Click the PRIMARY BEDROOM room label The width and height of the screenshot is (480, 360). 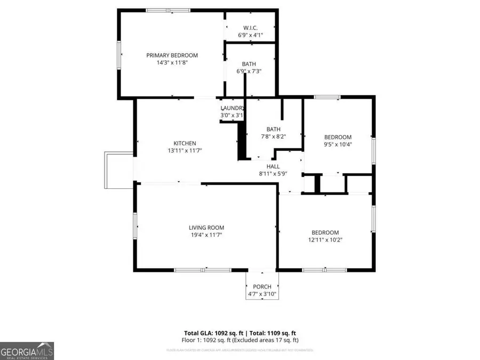(x=172, y=55)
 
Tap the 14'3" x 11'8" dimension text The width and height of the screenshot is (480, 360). (x=172, y=62)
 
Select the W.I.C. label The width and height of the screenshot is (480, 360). (x=251, y=28)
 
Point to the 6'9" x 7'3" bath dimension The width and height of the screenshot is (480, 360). (x=249, y=71)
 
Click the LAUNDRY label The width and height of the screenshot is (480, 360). (x=232, y=108)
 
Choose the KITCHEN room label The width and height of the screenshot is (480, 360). (x=185, y=143)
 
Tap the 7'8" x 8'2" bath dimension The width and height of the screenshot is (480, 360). (x=274, y=137)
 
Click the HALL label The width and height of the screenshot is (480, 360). (x=273, y=166)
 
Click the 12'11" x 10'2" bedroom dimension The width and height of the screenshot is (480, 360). (x=325, y=240)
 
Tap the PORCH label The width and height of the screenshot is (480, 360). (x=262, y=287)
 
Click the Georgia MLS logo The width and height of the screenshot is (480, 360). (x=27, y=351)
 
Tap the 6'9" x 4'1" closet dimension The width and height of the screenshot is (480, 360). (x=250, y=35)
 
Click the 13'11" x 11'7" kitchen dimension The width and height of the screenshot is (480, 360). (x=185, y=150)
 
